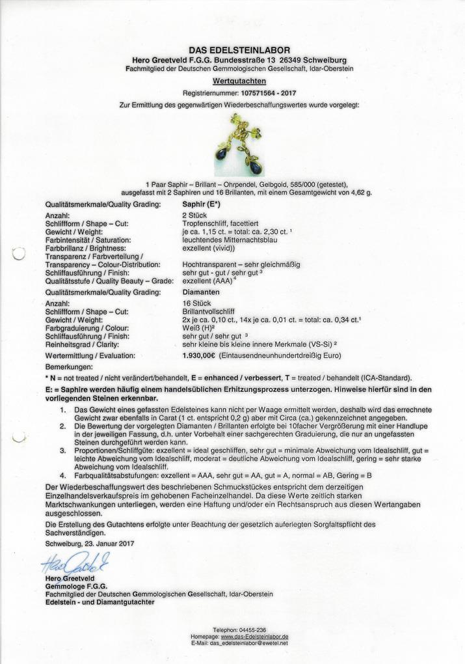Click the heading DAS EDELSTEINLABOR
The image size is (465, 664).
pyautogui.click(x=239, y=50)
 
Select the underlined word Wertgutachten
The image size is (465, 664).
pyautogui.click(x=239, y=81)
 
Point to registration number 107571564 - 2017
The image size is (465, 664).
pyautogui.click(x=262, y=94)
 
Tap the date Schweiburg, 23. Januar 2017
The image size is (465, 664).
pyautogui.click(x=92, y=543)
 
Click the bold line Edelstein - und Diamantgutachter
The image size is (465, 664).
pyautogui.click(x=100, y=602)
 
